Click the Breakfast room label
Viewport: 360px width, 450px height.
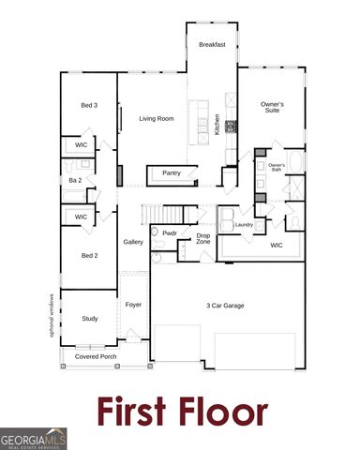(211, 44)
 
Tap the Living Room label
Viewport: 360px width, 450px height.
(157, 119)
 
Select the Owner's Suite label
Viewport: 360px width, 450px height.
(273, 107)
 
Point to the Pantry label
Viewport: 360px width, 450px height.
(172, 173)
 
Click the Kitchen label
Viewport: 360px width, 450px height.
(217, 125)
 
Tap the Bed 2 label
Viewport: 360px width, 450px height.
(90, 256)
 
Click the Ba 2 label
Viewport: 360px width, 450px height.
(74, 180)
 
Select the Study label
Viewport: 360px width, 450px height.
(90, 319)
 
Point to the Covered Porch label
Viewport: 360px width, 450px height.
(96, 357)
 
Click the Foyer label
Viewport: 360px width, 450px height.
(133, 305)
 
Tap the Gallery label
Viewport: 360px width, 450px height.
(132, 242)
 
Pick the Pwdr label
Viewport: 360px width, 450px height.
(170, 232)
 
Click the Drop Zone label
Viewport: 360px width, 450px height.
(203, 238)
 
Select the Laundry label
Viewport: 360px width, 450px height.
(244, 225)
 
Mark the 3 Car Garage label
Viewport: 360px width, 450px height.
(226, 305)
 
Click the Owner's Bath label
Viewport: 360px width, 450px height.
(277, 167)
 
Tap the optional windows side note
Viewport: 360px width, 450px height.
(53, 314)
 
